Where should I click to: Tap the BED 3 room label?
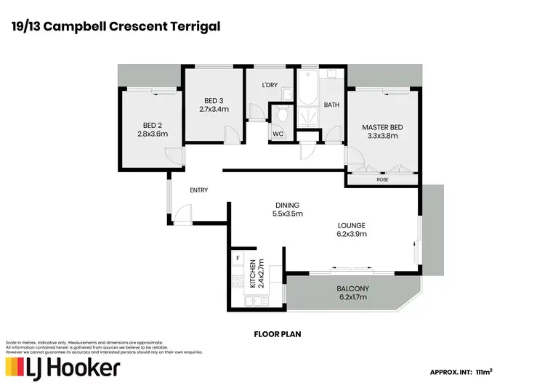214,105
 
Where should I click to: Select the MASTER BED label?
382,131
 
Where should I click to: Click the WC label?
278,134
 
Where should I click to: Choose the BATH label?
331,105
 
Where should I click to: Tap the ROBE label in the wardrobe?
381,179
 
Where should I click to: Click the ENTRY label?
198,190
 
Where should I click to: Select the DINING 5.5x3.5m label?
287,209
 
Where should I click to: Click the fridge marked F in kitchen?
238,259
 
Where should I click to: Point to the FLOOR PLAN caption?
272,335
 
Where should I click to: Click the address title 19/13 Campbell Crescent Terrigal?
116,27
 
